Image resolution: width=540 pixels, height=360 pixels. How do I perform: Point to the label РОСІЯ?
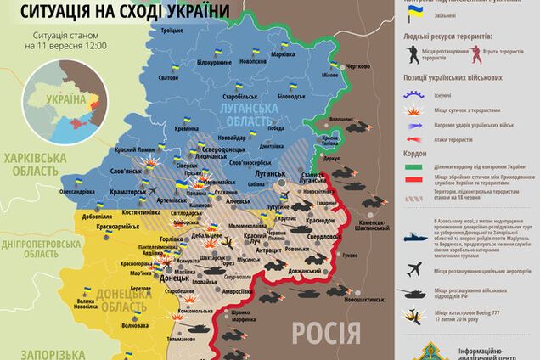pos(328,334)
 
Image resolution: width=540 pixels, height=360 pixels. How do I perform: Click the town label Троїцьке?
pos(173,31)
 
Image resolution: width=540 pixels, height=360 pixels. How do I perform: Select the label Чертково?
pos(358,66)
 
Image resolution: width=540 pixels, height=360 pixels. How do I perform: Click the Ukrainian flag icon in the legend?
pos(415,14)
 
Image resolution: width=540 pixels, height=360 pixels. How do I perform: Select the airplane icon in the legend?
pos(415,269)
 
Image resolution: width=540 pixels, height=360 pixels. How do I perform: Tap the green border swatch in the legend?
pos(415,167)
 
